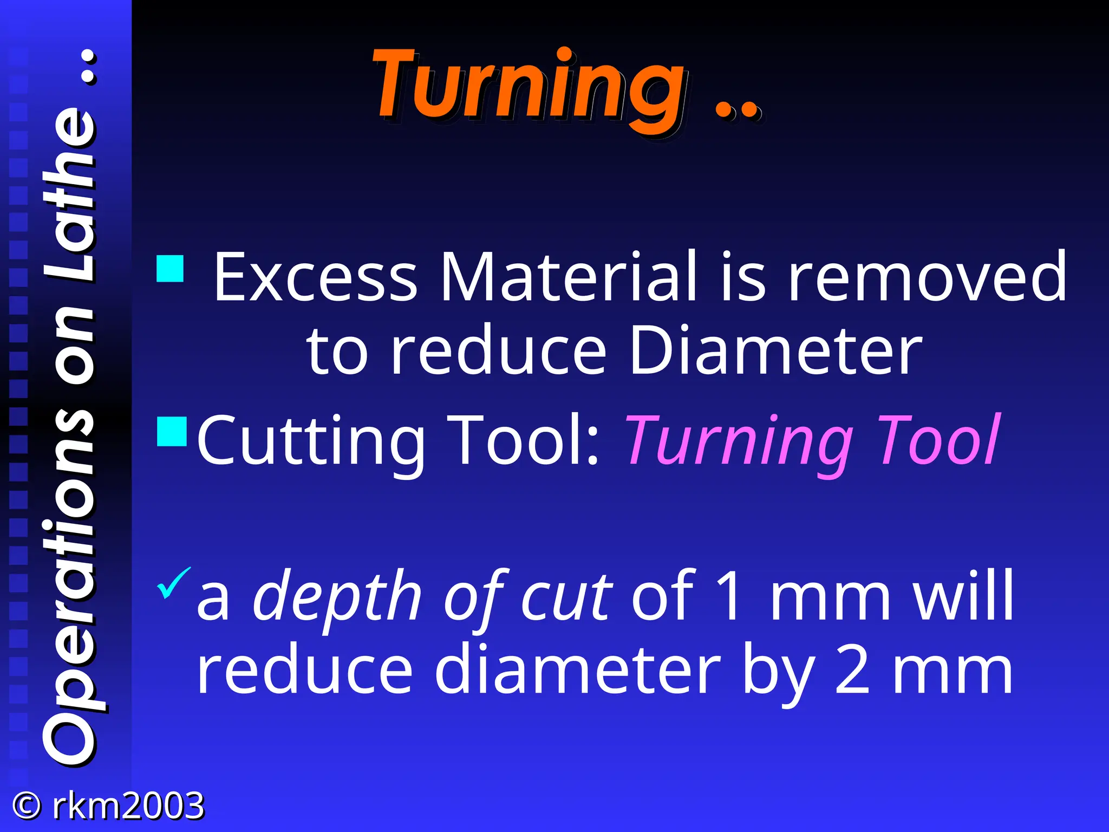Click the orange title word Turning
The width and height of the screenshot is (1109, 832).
click(x=528, y=87)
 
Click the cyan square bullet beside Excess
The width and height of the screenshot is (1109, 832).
click(x=170, y=269)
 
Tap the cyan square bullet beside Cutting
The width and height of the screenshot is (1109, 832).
click(x=172, y=431)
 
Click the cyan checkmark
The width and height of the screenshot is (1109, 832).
click(x=173, y=583)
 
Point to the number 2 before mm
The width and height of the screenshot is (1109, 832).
click(x=852, y=672)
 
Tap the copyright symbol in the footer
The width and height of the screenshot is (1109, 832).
click(x=26, y=806)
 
